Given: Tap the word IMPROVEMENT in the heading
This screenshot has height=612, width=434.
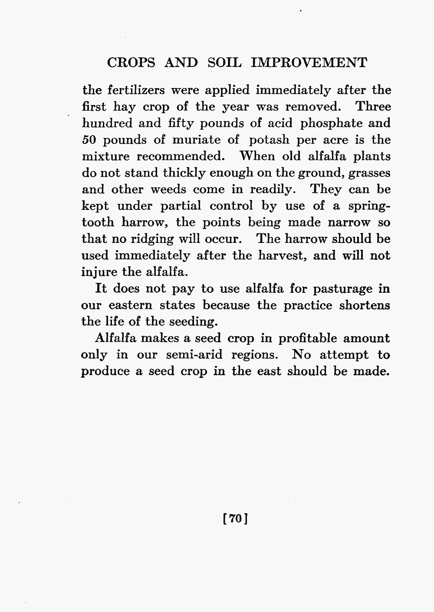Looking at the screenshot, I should (309, 62).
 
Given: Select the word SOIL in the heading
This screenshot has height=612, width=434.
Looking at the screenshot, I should (224, 62).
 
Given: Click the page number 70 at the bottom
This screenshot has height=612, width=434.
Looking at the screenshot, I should (235, 519).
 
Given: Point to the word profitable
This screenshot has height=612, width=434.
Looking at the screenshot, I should (299, 338).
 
